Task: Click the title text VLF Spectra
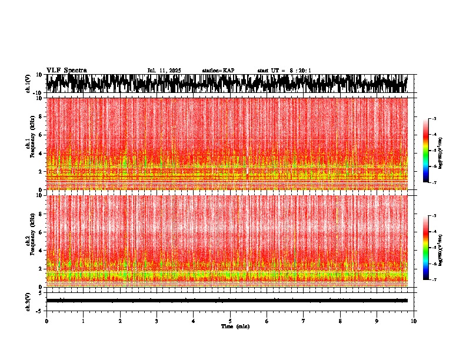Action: tap(66, 70)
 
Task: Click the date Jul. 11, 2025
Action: tap(164, 71)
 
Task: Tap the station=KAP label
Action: tap(218, 71)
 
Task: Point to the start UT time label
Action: tap(284, 71)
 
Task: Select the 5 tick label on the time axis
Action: tap(230, 321)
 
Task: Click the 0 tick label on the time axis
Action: tap(46, 321)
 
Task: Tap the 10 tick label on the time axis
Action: tap(414, 321)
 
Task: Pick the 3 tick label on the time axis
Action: tap(157, 321)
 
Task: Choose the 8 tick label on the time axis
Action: tap(340, 321)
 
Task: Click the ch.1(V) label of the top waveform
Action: tap(28, 84)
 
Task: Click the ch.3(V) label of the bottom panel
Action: tap(28, 301)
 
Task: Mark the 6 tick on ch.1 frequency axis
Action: tap(41, 135)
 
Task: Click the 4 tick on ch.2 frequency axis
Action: tap(41, 251)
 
